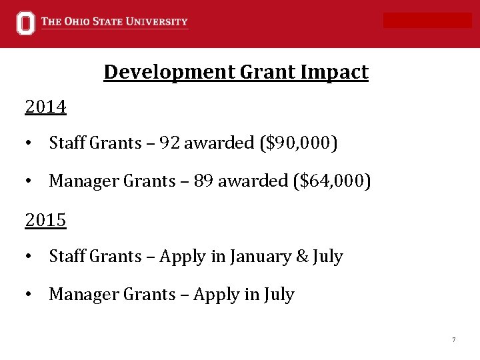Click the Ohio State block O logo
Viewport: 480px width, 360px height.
pos(25,23)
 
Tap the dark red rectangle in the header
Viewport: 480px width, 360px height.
pos(427,21)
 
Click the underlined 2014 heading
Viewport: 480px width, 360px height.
pos(45,107)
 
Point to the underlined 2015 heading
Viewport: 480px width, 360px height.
pos(45,220)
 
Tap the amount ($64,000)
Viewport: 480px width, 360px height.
pos(330,181)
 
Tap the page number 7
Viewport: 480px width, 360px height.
pos(453,340)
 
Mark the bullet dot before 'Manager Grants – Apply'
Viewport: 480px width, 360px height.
pos(29,295)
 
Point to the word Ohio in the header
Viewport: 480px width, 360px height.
pos(79,22)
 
